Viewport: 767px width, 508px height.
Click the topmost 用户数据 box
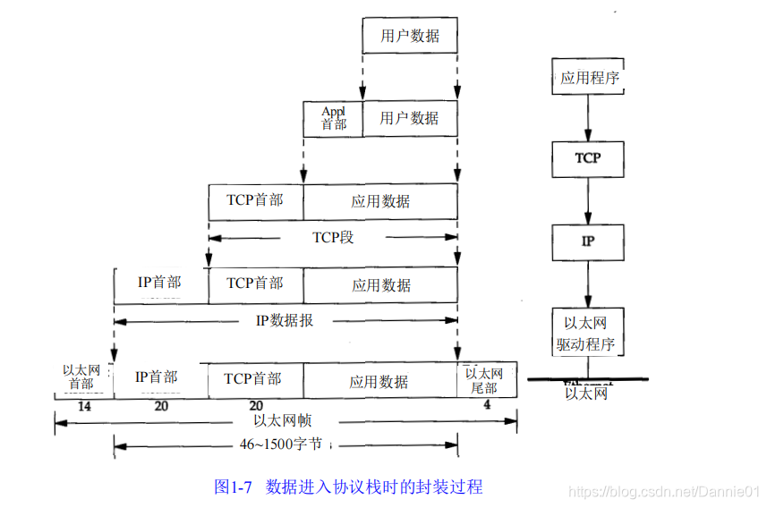pyautogui.click(x=410, y=36)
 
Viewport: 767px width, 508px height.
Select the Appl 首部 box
pyautogui.click(x=333, y=118)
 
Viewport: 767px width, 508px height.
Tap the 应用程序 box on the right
pyautogui.click(x=588, y=78)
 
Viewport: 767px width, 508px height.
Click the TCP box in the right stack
pyautogui.click(x=588, y=158)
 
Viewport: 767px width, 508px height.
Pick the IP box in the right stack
pyautogui.click(x=588, y=241)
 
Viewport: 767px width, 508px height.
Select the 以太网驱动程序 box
pyautogui.click(x=588, y=333)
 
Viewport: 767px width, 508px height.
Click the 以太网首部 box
pyautogui.click(x=83, y=377)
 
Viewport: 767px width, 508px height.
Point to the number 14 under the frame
pyautogui.click(x=84, y=405)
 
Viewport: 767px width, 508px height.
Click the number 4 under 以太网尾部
pyautogui.click(x=487, y=405)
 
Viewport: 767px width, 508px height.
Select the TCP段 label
pyautogui.click(x=333, y=238)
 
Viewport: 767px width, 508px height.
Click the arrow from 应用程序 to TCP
pyautogui.click(x=588, y=117)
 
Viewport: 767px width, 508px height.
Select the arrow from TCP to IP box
pyautogui.click(x=588, y=200)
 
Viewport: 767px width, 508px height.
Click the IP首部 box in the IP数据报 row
pyautogui.click(x=160, y=284)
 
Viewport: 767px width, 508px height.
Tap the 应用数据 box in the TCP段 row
pyautogui.click(x=380, y=201)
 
